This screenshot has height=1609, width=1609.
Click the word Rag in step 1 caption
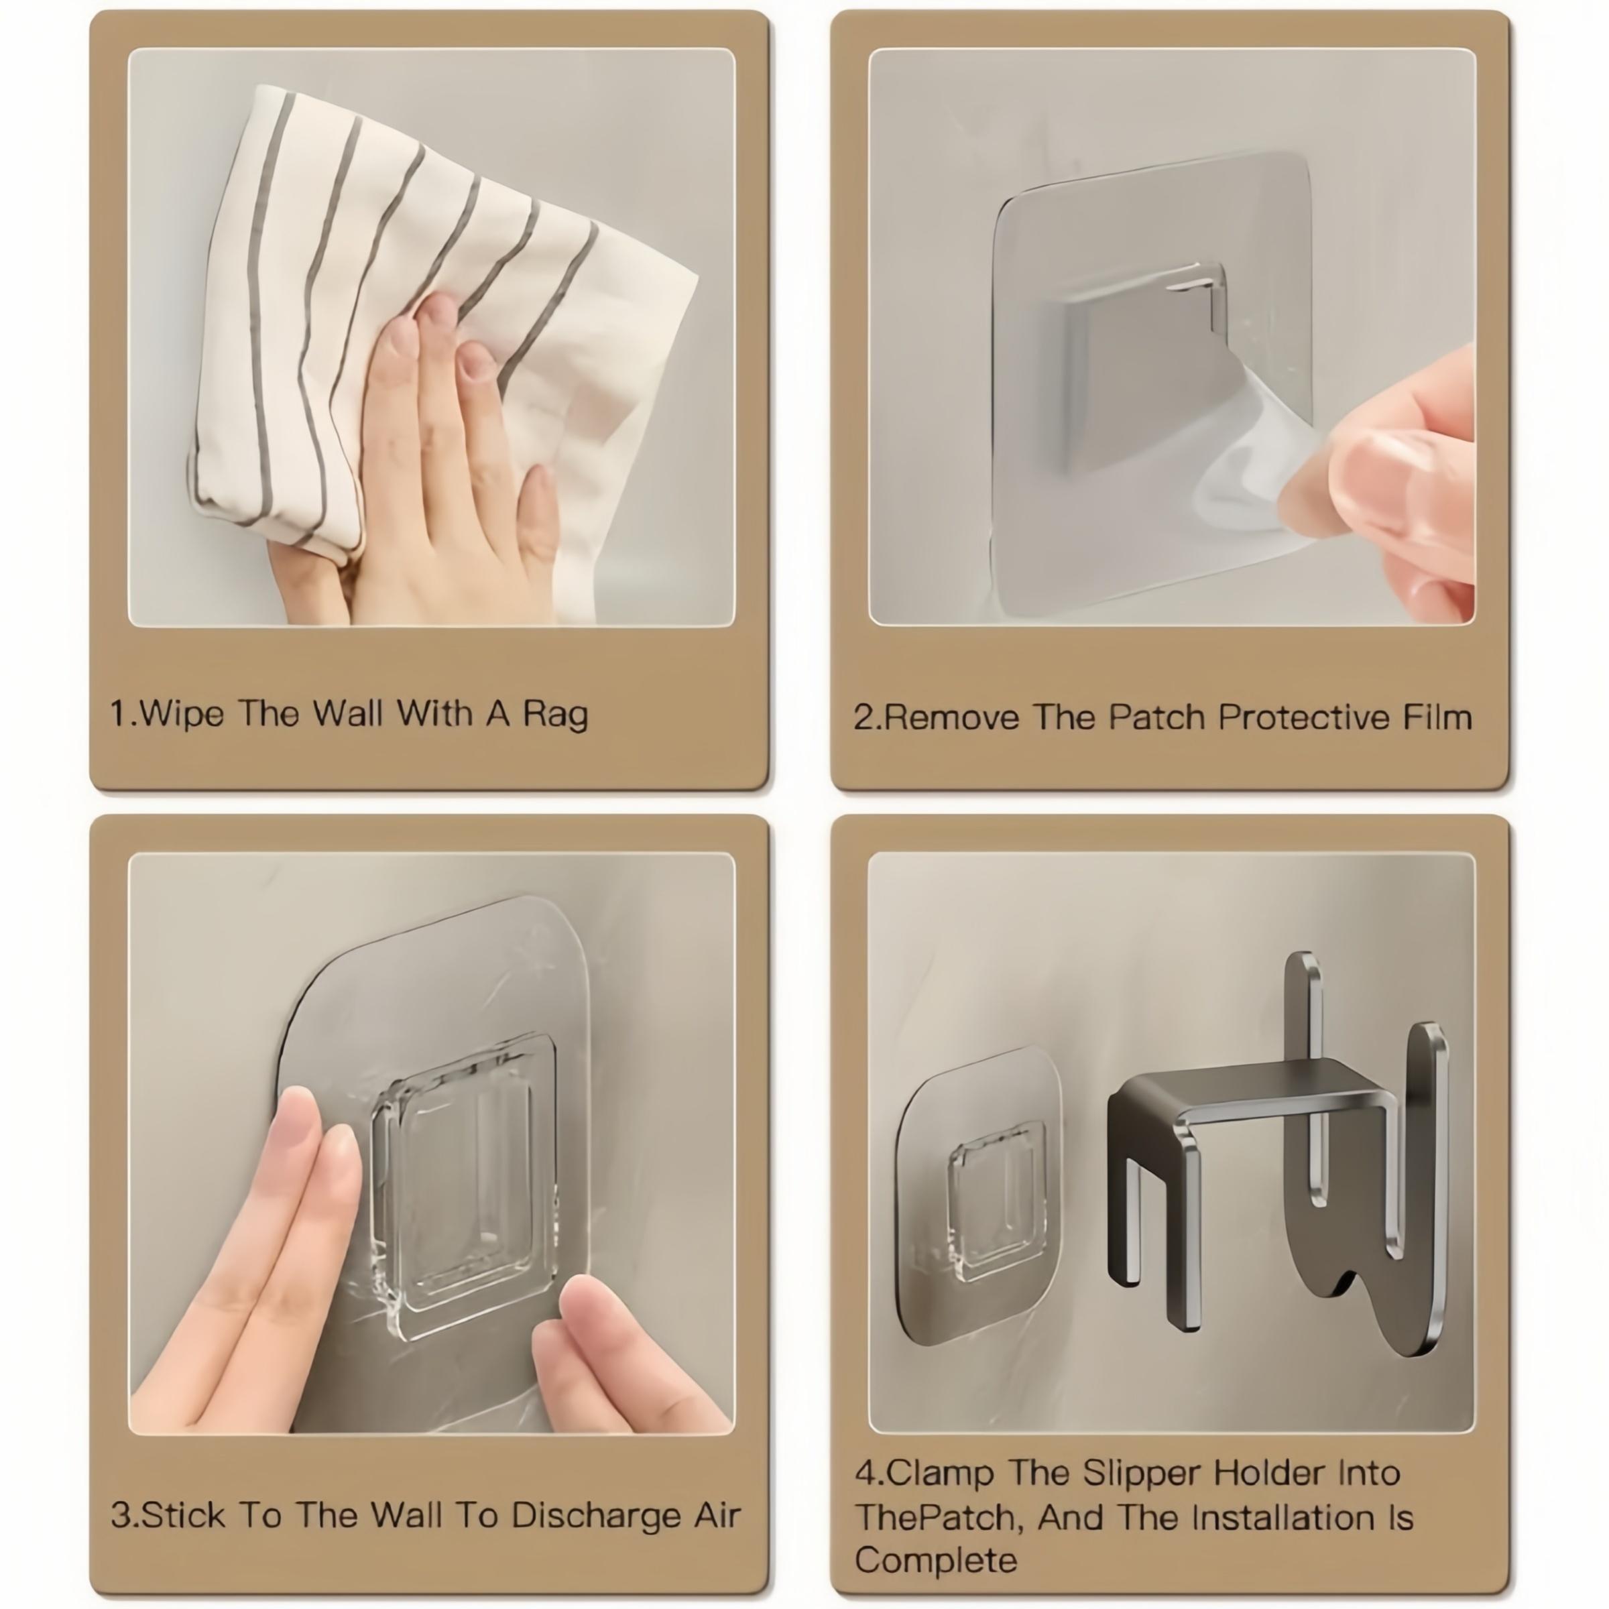pos(554,715)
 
